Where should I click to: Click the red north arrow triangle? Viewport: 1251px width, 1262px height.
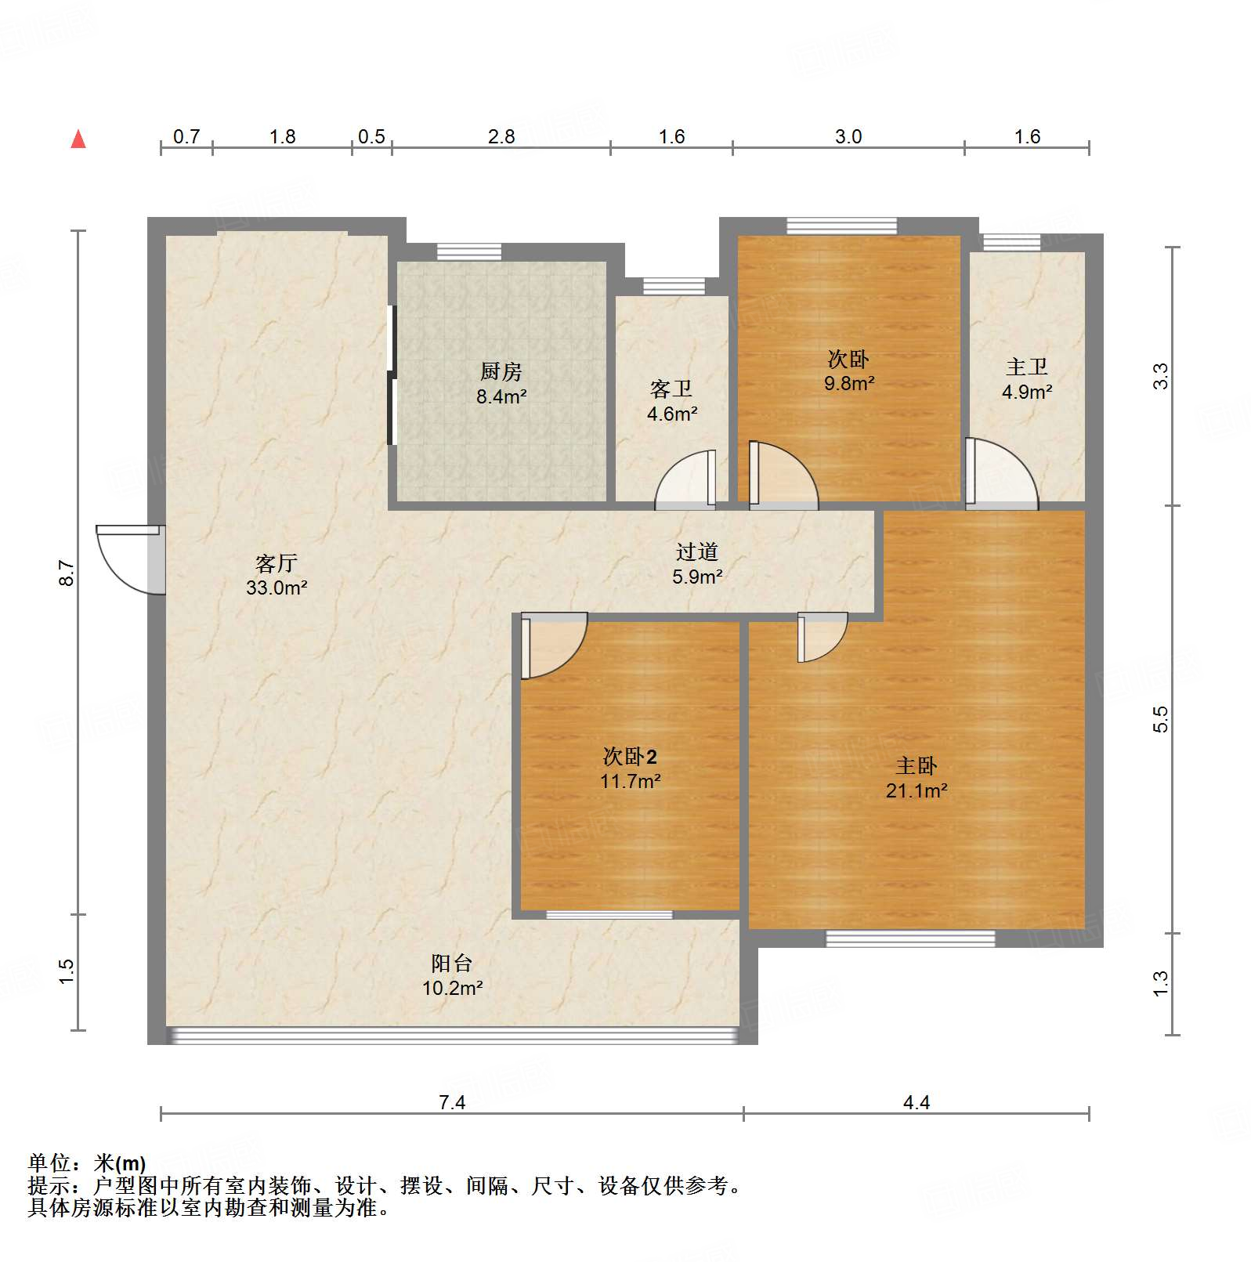pos(78,139)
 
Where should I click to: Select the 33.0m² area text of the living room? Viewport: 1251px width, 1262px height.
pos(276,588)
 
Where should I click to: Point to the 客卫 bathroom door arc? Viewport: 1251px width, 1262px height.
pos(683,479)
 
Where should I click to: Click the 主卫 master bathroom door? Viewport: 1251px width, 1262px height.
pos(1002,474)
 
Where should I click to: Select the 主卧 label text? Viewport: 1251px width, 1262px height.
pos(916,765)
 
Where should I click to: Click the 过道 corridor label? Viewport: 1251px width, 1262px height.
pos(696,551)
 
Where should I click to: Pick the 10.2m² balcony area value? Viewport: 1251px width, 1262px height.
pos(452,989)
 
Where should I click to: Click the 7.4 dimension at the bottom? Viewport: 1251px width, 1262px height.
pos(452,1102)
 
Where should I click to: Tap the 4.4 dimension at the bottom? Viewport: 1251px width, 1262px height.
pos(916,1102)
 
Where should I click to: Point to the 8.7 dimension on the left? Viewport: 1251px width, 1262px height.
pos(67,573)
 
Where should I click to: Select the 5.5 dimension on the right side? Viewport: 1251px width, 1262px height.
pos(1160,719)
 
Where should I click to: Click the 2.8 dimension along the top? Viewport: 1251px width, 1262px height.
pos(501,136)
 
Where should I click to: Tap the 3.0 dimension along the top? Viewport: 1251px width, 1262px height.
pos(848,136)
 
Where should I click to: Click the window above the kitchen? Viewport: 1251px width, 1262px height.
pos(468,252)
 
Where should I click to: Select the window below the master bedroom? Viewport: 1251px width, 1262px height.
pos(910,938)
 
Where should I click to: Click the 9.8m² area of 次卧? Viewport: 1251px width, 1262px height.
pos(848,383)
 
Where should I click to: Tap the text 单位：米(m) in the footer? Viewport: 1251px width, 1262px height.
pos(87,1163)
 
